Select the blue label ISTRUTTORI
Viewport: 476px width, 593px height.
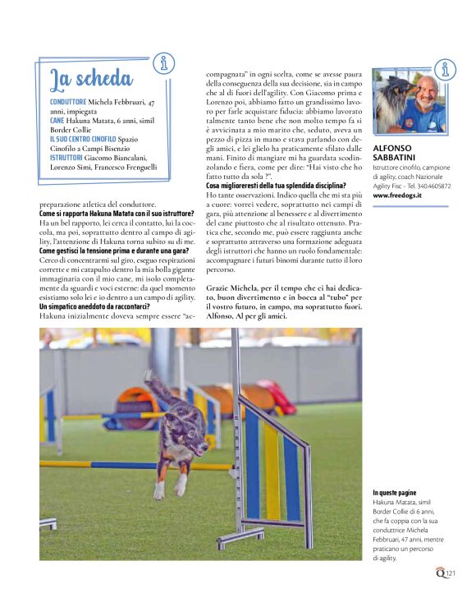click(x=66, y=157)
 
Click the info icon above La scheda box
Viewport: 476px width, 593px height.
click(x=165, y=62)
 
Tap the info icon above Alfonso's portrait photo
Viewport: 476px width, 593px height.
click(x=445, y=70)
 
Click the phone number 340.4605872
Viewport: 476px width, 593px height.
click(x=429, y=186)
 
